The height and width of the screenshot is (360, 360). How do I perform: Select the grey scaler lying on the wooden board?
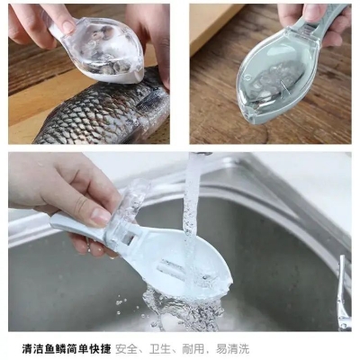tap(270, 81)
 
